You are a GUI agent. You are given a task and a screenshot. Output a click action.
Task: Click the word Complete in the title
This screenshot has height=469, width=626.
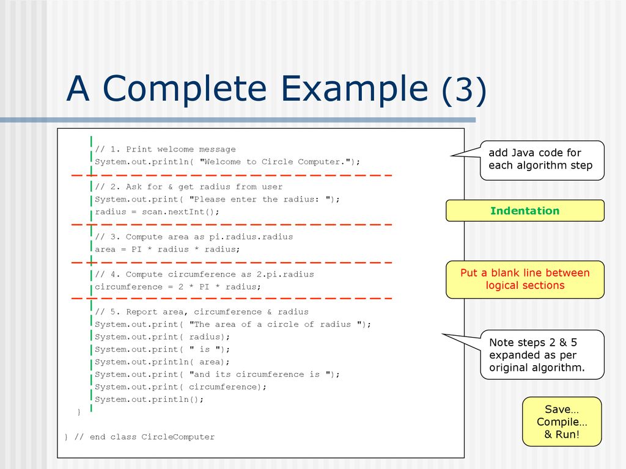pos(185,89)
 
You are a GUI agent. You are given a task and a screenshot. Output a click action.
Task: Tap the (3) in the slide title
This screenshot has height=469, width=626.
pos(464,90)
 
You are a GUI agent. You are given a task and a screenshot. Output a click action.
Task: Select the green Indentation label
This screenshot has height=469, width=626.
pos(525,211)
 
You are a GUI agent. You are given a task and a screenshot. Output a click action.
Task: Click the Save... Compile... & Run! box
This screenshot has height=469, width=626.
pos(562,421)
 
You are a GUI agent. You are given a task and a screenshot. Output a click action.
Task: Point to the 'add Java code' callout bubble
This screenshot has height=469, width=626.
pos(542,161)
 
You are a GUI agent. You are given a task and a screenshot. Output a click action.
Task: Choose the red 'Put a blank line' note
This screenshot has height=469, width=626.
pos(525,279)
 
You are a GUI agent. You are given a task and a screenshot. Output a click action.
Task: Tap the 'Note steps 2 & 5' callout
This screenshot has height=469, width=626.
pos(542,355)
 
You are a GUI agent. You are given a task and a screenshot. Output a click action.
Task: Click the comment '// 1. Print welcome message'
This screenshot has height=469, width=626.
pos(165,150)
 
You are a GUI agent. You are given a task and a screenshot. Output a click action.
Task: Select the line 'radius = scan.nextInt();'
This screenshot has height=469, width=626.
pos(157,212)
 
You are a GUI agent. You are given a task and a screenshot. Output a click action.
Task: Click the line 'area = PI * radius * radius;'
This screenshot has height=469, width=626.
pos(168,249)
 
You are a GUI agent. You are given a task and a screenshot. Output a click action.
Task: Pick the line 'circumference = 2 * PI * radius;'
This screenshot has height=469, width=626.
pos(178,287)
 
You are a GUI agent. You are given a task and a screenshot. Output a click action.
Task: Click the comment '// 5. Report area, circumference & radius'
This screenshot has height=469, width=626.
pos(202,312)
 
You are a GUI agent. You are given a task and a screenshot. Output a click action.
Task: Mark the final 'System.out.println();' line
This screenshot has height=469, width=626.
pos(149,399)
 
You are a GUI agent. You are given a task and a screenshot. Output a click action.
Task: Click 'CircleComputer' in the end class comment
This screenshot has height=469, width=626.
pos(178,437)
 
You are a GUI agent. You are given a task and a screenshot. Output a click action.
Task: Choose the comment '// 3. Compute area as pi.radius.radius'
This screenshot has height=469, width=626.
pos(194,237)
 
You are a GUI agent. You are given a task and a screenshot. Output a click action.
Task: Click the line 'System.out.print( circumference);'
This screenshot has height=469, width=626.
pos(180,387)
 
